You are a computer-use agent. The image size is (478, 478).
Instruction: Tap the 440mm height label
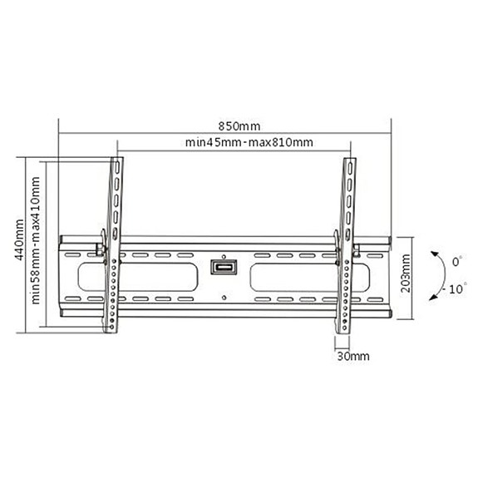pos(18,241)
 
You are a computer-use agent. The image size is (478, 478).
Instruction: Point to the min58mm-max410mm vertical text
pos(37,241)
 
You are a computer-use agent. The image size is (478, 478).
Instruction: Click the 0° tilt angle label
pos(455,262)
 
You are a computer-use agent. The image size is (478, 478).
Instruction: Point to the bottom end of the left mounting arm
pos(109,328)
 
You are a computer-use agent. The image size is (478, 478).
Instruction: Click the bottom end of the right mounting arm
pos(342,328)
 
